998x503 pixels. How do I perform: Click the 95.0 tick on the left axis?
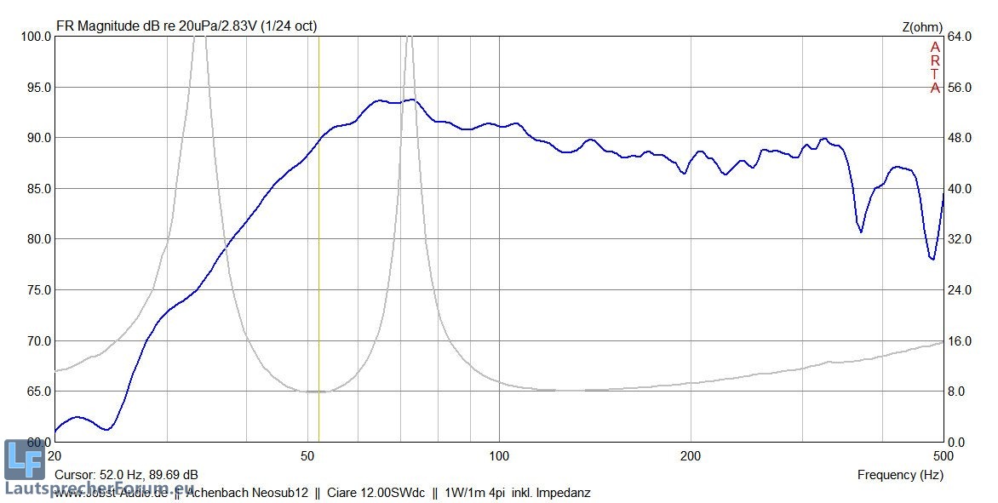(x=37, y=87)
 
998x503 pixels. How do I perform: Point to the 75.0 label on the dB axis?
(x=37, y=289)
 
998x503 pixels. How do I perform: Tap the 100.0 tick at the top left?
(x=35, y=37)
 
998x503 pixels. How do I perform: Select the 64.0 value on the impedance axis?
(x=960, y=37)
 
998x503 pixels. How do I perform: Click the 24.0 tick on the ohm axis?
(x=960, y=289)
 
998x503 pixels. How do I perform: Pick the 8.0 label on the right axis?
(x=957, y=392)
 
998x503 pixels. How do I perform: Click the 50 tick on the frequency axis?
(x=309, y=455)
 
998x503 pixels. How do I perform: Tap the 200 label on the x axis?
(x=691, y=455)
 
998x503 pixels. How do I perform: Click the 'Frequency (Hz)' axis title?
(x=900, y=475)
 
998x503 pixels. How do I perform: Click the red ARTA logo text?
(x=935, y=67)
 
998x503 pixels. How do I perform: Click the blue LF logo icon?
(x=24, y=460)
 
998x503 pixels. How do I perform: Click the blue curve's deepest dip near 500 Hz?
(x=932, y=259)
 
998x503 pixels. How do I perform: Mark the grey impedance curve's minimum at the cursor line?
(x=318, y=392)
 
